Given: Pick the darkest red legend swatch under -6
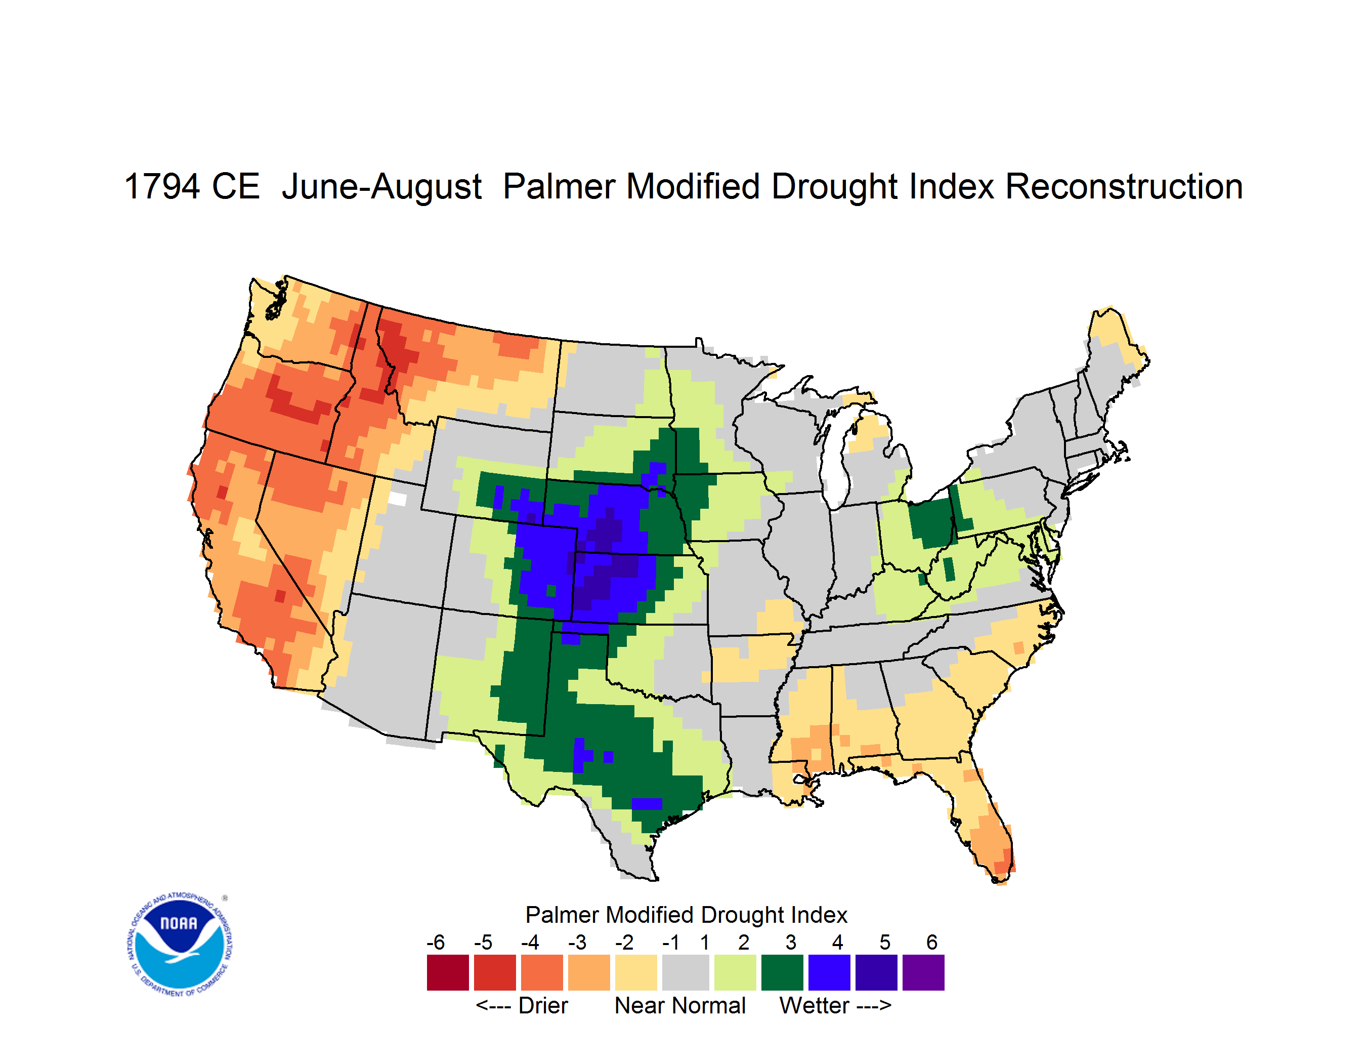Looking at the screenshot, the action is click(448, 972).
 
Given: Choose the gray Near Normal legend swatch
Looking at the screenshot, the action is click(686, 972).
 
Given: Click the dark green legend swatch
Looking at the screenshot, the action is click(782, 972).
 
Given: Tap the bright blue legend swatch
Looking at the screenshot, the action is click(829, 972).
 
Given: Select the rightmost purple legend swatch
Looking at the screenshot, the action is click(923, 972).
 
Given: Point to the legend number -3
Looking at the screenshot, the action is click(577, 942).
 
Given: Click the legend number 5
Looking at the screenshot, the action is click(885, 942).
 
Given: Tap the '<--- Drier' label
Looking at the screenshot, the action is click(522, 1005).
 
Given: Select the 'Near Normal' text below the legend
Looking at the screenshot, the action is click(680, 1005).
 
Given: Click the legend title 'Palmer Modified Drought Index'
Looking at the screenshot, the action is click(686, 915).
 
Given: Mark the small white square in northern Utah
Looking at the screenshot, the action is click(397, 499).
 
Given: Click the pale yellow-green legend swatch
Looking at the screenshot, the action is click(735, 972).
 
